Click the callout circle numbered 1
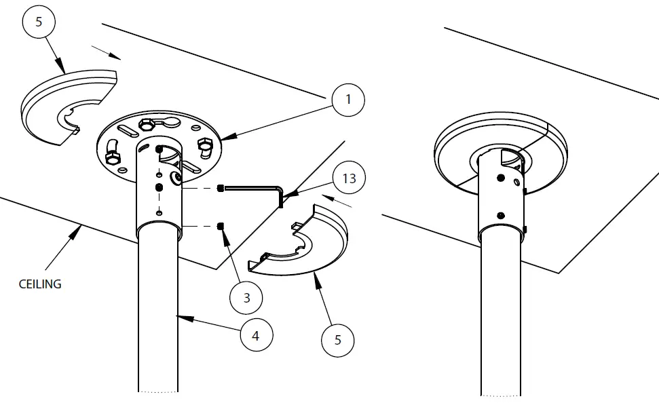coord(348,100)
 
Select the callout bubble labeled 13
coord(349,179)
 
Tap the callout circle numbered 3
coord(246,297)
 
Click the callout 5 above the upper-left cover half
coord(39,22)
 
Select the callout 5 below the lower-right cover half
coord(338,340)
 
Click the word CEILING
coord(40,284)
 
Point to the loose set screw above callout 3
coord(221,226)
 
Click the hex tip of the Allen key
coord(221,188)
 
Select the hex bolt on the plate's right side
coord(204,146)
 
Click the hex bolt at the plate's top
coord(145,125)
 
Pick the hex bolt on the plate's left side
coord(113,158)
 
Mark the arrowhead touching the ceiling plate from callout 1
coord(225,139)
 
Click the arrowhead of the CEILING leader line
coord(80,229)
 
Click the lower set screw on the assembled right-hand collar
coord(500,215)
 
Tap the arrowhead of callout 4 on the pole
coord(178,315)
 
